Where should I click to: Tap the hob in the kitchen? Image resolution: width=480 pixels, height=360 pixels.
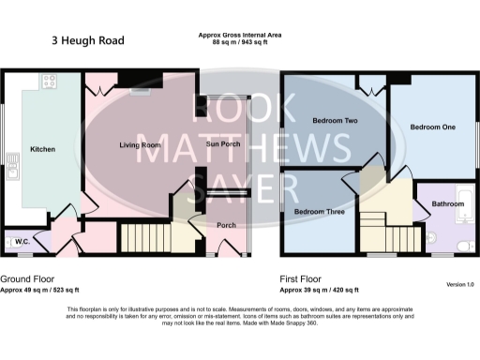pyautogui.click(x=47, y=82)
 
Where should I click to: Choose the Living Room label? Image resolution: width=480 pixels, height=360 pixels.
pyautogui.click(x=140, y=145)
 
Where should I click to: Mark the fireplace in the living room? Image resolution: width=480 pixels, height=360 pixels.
pyautogui.click(x=141, y=90)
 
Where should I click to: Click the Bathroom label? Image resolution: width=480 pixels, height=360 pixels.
pyautogui.click(x=447, y=203)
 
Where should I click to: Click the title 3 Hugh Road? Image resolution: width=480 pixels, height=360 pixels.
pyautogui.click(x=87, y=41)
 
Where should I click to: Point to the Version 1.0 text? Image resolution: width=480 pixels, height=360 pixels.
pyautogui.click(x=459, y=284)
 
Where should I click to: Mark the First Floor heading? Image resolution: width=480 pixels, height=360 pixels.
pyautogui.click(x=304, y=279)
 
